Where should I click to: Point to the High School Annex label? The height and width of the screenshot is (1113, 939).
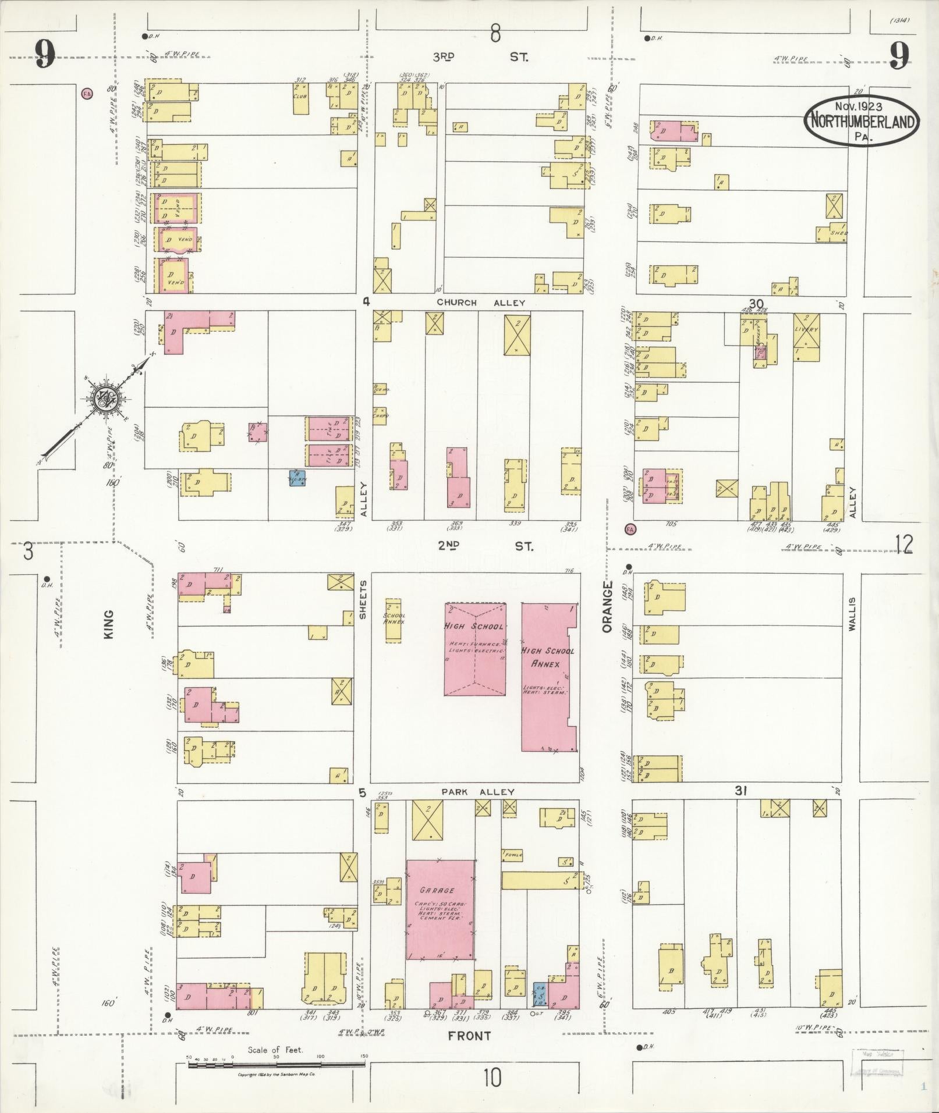pos(547,657)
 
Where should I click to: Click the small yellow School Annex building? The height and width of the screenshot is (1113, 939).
pos(394,620)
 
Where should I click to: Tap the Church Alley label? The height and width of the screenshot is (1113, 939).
pos(481,303)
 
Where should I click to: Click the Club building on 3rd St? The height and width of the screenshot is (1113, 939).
pos(300,97)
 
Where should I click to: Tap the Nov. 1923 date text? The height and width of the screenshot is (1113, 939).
pos(858,106)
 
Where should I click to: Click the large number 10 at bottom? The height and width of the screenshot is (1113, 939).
pos(491,1079)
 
